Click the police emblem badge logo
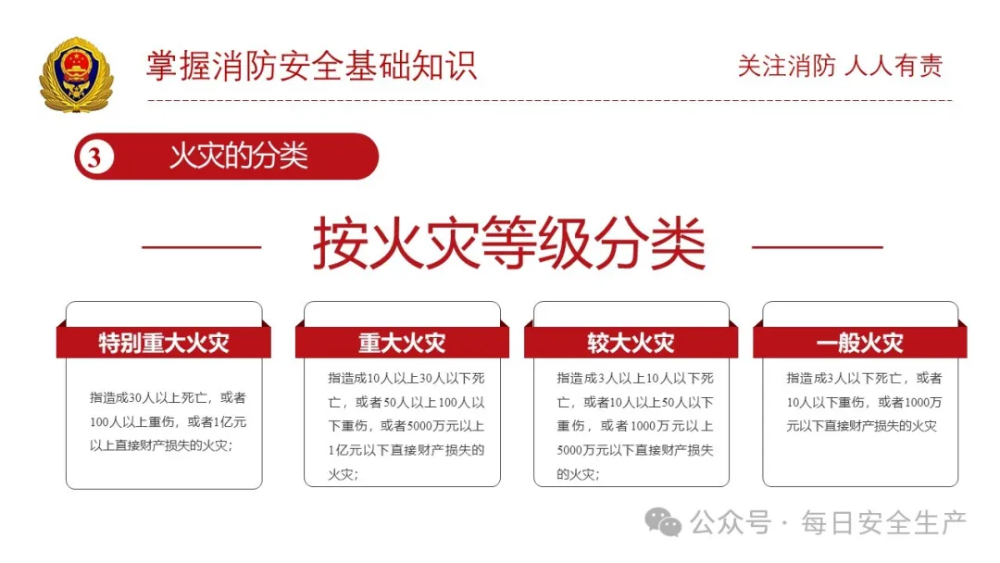pyautogui.click(x=76, y=75)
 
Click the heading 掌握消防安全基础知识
pyautogui.click(x=311, y=66)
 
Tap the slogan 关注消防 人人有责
pyautogui.click(x=840, y=66)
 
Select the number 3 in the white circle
pyautogui.click(x=94, y=156)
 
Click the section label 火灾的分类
pyautogui.click(x=238, y=156)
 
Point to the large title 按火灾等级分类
pyautogui.click(x=508, y=244)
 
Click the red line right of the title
pyautogui.click(x=817, y=247)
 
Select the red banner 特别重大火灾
pyautogui.click(x=164, y=343)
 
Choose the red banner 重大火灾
pyautogui.click(x=402, y=343)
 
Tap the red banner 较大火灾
pyautogui.click(x=631, y=343)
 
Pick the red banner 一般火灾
pyautogui.click(x=859, y=343)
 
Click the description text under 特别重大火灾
pyautogui.click(x=164, y=421)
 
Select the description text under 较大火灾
pyautogui.click(x=634, y=426)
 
